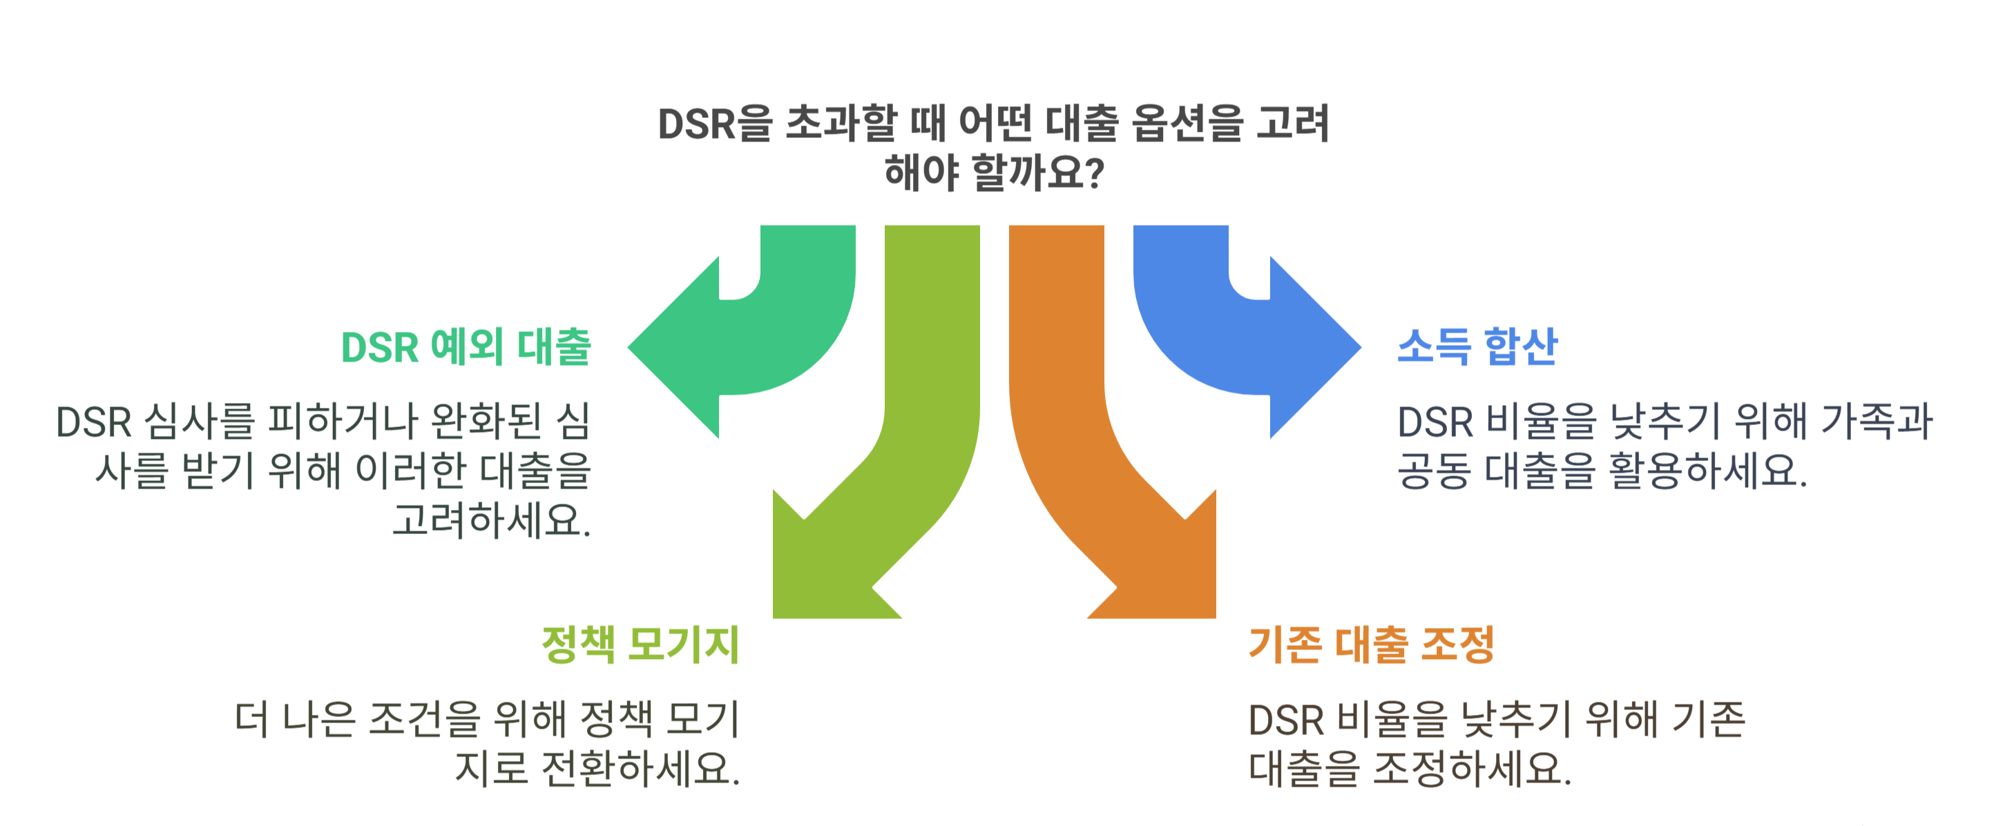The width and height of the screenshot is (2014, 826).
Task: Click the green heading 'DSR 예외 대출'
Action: pyautogui.click(x=466, y=347)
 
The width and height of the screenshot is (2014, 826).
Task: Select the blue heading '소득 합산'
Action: pyautogui.click(x=1477, y=347)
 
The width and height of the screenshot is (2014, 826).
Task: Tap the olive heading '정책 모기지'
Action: pyautogui.click(x=640, y=645)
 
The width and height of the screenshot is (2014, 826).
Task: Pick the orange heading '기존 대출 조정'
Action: pyautogui.click(x=1370, y=645)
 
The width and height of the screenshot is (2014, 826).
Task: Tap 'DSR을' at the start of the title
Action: pyautogui.click(x=714, y=124)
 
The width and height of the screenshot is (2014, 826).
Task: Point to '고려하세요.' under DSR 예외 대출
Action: pyautogui.click(x=492, y=520)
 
